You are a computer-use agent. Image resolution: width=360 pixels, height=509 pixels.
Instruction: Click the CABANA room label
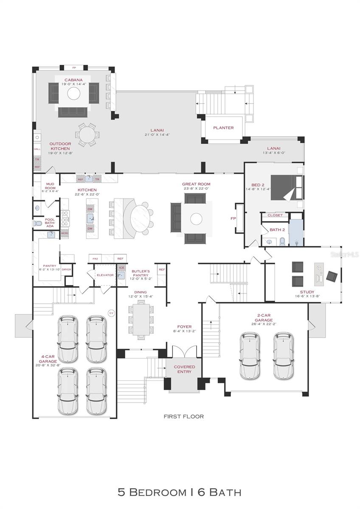pos(73,80)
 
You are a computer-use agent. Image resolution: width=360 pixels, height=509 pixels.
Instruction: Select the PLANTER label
pos(223,128)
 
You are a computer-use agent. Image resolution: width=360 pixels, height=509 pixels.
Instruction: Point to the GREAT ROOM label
pos(196,184)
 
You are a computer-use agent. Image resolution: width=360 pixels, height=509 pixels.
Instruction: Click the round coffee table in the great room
pos(197,219)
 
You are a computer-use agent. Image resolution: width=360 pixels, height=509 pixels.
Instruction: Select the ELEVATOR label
pos(105,275)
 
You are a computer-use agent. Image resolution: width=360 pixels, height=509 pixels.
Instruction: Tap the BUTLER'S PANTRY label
pos(141,273)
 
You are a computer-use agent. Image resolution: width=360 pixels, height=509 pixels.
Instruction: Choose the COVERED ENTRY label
pos(184,369)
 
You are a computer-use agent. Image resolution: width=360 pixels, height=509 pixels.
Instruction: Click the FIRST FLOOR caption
pos(184,417)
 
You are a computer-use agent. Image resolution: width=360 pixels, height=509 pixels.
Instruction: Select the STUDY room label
pos(307,292)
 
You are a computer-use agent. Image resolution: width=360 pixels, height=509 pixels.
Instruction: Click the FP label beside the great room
pos(233,219)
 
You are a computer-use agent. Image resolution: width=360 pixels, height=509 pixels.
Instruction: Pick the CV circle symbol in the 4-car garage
pos(112,313)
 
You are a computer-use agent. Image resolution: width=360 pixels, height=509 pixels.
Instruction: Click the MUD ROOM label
pos(50,186)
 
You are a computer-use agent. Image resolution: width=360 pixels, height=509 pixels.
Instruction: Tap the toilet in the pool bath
pos(37,224)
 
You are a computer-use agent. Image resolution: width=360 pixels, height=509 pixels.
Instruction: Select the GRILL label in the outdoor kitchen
pos(37,149)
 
